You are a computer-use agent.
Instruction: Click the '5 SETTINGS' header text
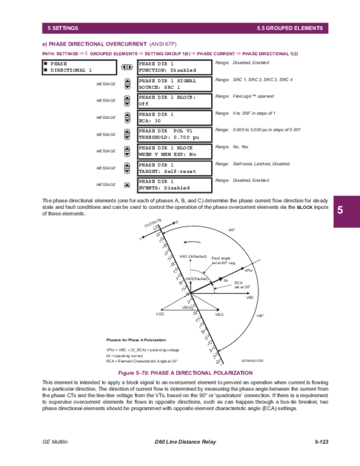tap(63, 28)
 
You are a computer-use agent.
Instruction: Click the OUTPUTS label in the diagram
tap(152, 224)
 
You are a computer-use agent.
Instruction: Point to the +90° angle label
tap(259, 315)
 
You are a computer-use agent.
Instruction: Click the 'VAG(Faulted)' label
tap(197, 279)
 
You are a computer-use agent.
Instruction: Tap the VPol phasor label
tap(249, 271)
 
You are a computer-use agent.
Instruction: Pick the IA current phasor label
tap(226, 280)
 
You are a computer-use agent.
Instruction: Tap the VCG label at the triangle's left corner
tap(160, 314)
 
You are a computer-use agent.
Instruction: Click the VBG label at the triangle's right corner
tap(220, 314)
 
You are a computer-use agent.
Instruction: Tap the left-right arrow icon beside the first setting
tap(127, 67)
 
